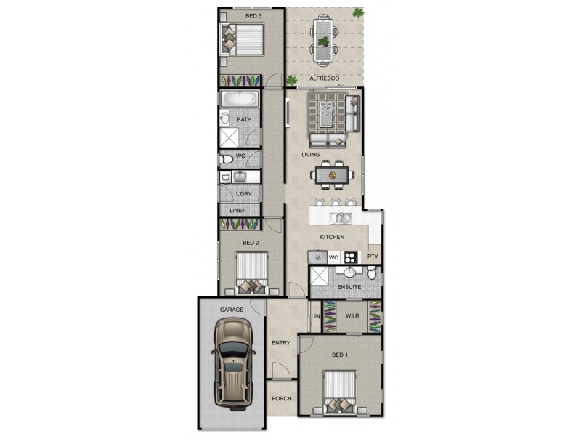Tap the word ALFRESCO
click(x=322, y=78)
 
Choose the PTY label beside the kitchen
click(x=373, y=257)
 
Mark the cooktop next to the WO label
click(x=351, y=257)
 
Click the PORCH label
click(x=281, y=399)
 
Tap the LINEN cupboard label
click(x=237, y=211)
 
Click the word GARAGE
click(x=232, y=310)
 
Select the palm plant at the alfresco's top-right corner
click(x=357, y=12)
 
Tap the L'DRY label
click(x=243, y=193)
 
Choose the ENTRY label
click(x=281, y=343)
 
